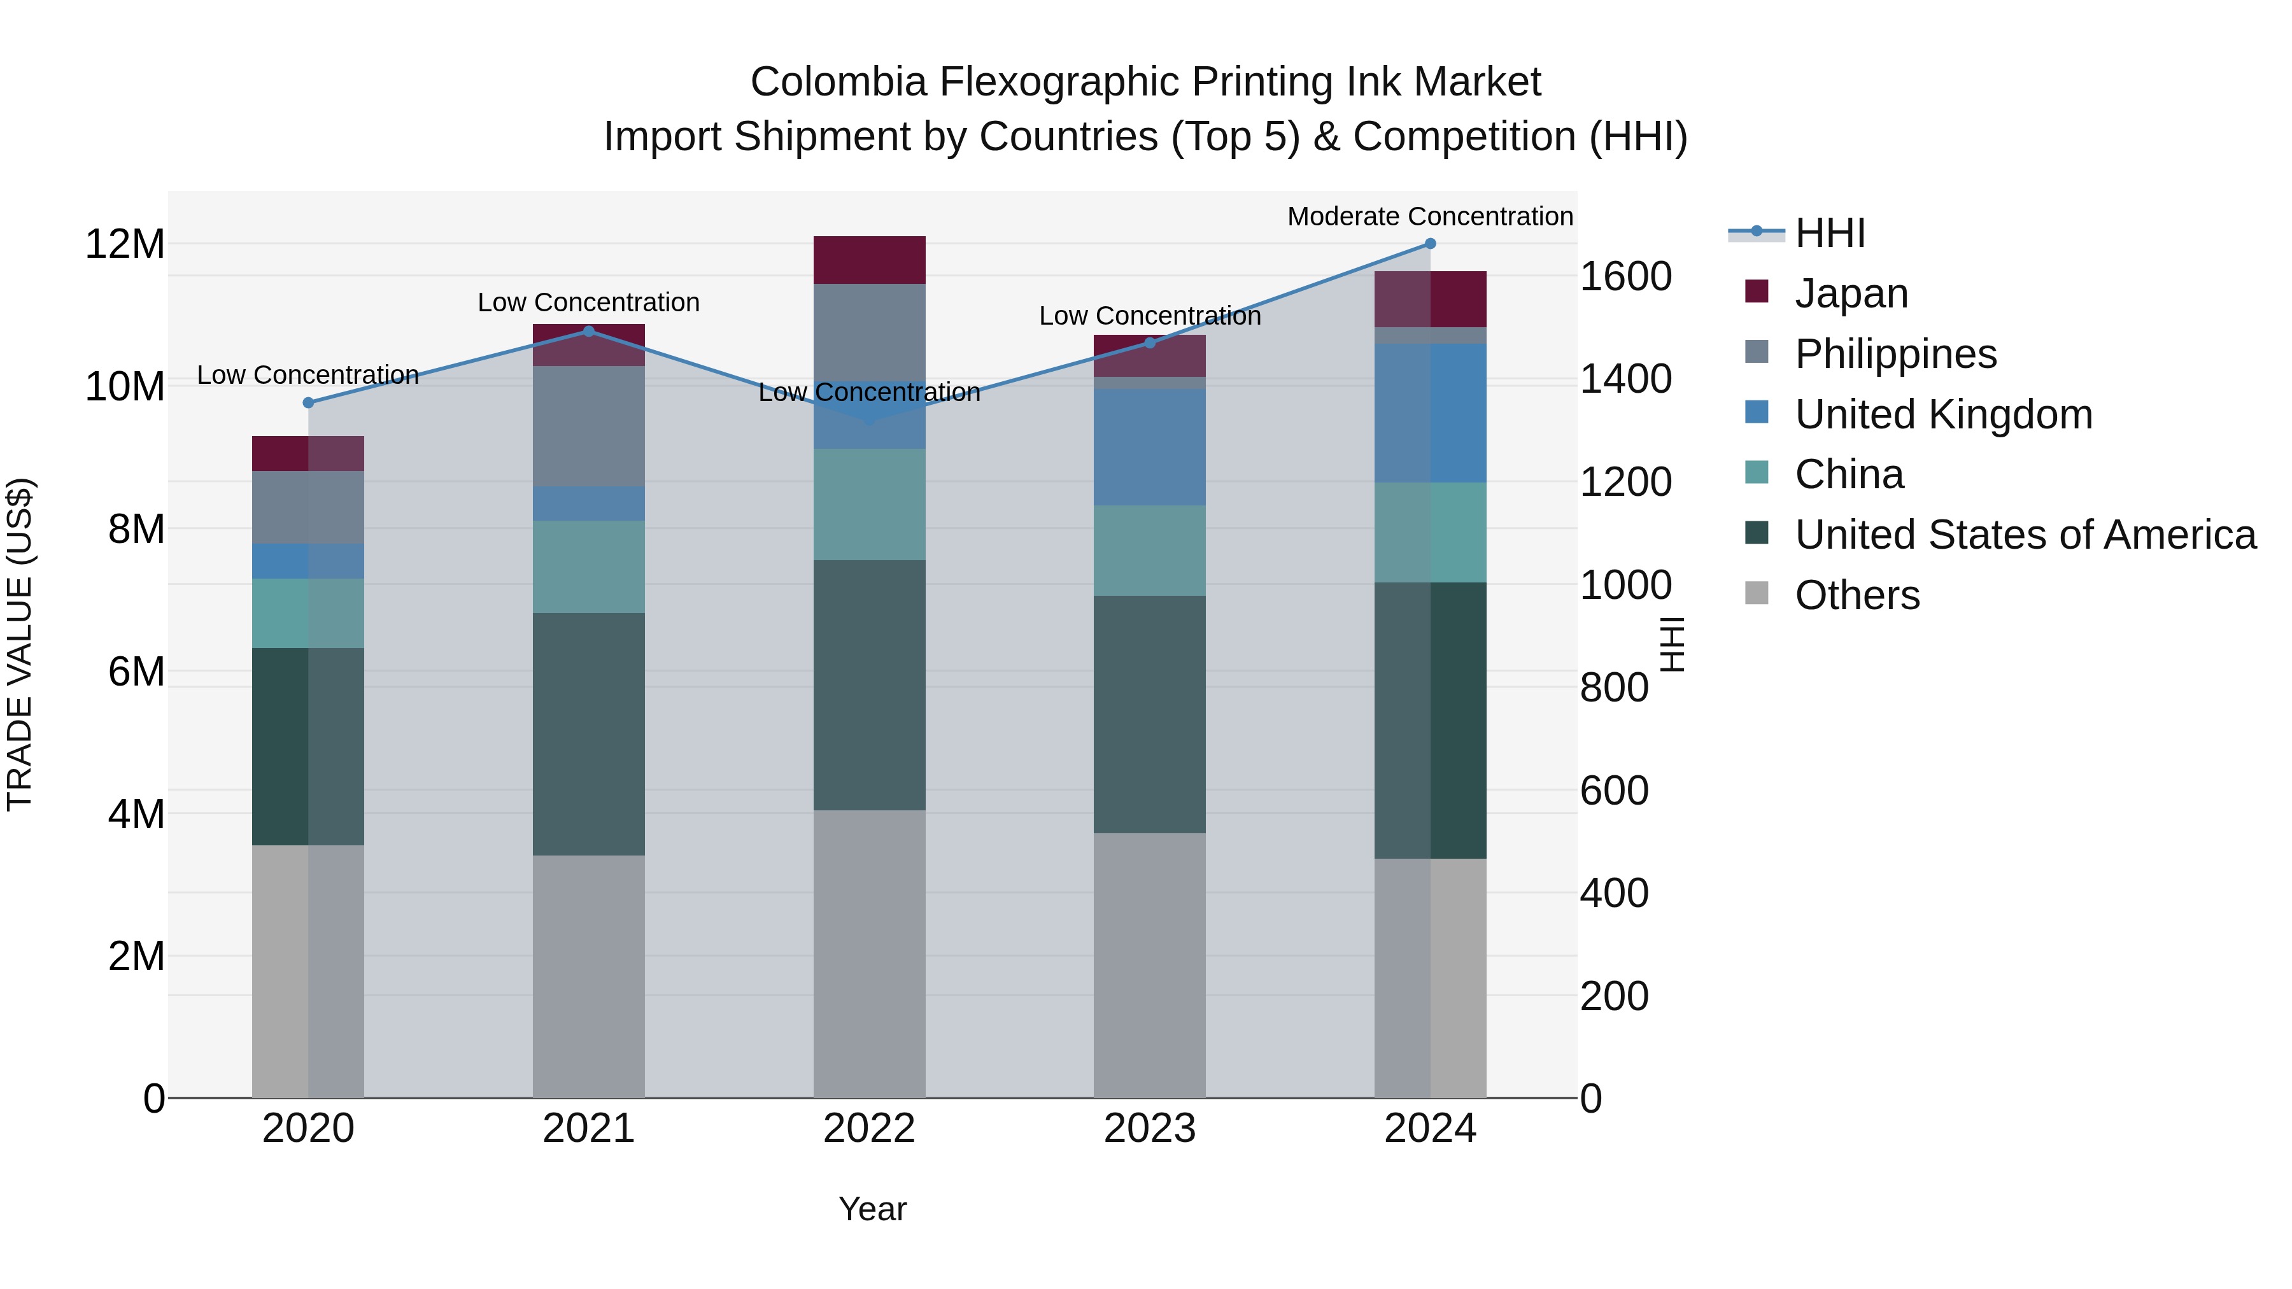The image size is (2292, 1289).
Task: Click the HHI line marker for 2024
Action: (1430, 244)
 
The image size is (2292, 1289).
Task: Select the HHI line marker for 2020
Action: (309, 403)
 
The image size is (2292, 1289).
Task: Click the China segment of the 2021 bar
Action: (588, 567)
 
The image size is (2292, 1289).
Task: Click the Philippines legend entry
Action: (1895, 354)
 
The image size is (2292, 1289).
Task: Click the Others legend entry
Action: (1857, 595)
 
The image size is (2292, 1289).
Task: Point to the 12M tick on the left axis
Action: (125, 244)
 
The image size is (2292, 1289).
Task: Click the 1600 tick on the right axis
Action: (1625, 277)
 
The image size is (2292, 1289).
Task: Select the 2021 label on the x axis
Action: (588, 1129)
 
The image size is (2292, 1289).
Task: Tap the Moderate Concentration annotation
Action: (1430, 216)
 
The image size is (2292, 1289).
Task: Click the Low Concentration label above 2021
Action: (588, 302)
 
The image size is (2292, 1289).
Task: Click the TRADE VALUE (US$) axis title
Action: (20, 644)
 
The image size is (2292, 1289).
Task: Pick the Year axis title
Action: (872, 1209)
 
